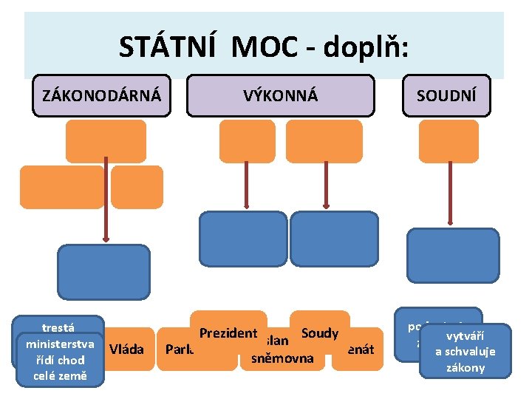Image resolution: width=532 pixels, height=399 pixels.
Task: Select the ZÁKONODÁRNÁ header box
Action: pyautogui.click(x=101, y=95)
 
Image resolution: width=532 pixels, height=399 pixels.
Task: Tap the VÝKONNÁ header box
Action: pyautogui.click(x=281, y=95)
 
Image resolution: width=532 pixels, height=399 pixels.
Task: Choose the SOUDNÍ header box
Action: pyautogui.click(x=446, y=95)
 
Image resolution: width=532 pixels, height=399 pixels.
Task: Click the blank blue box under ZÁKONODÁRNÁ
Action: pyautogui.click(x=103, y=271)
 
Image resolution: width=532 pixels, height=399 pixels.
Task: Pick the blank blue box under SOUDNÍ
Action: pyautogui.click(x=453, y=256)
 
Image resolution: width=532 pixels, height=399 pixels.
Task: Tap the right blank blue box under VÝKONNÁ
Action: pyautogui.click(x=333, y=238)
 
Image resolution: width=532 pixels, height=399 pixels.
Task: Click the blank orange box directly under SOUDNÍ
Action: pyautogui.click(x=449, y=141)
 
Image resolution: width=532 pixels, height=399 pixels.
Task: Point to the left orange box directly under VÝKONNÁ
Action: pyautogui.click(x=248, y=141)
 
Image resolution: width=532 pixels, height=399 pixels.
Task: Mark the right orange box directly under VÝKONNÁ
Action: pyautogui.click(x=324, y=141)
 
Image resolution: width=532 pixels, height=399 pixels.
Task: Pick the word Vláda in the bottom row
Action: pyautogui.click(x=126, y=348)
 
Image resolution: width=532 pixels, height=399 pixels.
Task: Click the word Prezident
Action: pyautogui.click(x=228, y=333)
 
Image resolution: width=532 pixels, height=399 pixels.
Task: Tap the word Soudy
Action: pyautogui.click(x=319, y=333)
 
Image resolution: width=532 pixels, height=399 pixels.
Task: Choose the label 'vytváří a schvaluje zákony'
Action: pyautogui.click(x=465, y=350)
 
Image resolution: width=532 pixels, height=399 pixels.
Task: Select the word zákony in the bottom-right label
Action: pyautogui.click(x=465, y=367)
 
